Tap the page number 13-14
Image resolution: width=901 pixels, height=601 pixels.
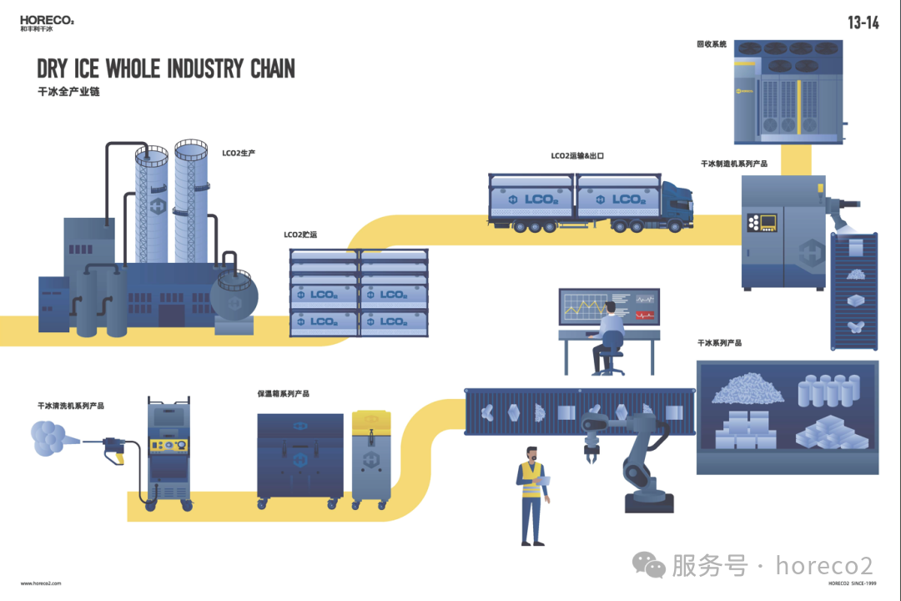point(863,23)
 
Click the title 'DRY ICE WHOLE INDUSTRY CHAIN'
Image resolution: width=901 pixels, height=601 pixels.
point(166,68)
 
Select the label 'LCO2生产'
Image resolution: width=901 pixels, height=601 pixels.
point(239,154)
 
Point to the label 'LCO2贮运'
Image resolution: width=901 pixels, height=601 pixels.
point(300,235)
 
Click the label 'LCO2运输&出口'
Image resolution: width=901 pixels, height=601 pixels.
point(576,155)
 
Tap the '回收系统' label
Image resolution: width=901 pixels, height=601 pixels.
point(712,43)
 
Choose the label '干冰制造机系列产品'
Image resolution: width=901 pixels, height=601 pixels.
point(734,164)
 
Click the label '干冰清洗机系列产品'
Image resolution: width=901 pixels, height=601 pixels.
point(71,406)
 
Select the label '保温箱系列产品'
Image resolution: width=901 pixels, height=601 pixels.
point(284,393)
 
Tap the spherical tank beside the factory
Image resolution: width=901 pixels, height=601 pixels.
point(234,294)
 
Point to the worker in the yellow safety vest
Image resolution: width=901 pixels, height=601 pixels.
point(531,492)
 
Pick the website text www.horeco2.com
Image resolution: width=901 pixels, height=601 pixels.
point(41,583)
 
